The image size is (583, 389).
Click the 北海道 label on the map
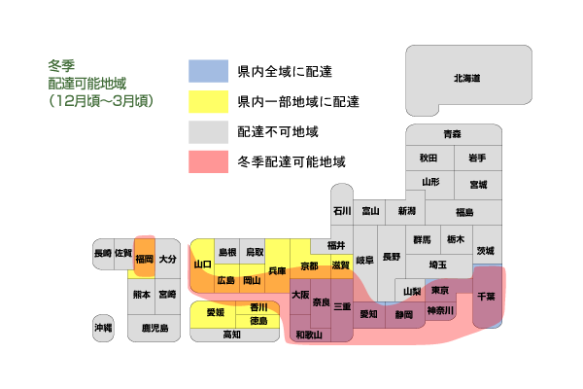click(x=466, y=78)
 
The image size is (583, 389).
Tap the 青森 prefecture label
click(x=452, y=134)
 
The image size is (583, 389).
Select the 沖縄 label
click(x=103, y=328)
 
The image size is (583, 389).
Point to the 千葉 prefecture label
click(x=486, y=297)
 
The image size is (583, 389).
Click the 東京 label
click(x=440, y=290)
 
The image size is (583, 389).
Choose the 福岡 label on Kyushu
click(x=144, y=259)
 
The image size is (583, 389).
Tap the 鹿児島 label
click(x=155, y=328)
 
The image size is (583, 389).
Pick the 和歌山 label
click(x=309, y=335)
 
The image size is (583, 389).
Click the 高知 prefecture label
click(x=231, y=335)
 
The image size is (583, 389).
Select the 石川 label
click(x=342, y=211)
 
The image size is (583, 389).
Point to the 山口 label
click(x=203, y=265)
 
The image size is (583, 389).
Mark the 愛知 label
click(x=368, y=314)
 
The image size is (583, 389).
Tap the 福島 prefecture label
click(x=464, y=212)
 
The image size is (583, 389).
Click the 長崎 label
click(x=103, y=253)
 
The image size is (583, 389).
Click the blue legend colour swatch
click(x=208, y=71)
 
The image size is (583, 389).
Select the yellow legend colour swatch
click(x=208, y=101)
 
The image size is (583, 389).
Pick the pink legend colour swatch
click(x=208, y=162)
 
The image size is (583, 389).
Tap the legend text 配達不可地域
click(x=278, y=132)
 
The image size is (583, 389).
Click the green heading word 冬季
click(x=61, y=66)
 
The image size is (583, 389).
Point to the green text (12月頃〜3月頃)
click(x=101, y=101)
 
